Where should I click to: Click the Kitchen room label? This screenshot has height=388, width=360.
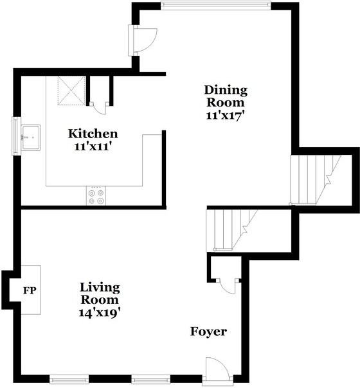pyautogui.click(x=93, y=134)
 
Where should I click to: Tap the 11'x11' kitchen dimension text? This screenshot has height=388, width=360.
pyautogui.click(x=93, y=146)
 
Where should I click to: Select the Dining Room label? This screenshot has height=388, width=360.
pyautogui.click(x=225, y=96)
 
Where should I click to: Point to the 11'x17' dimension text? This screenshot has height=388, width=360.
pyautogui.click(x=225, y=116)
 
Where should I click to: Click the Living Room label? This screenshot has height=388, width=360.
pyautogui.click(x=100, y=294)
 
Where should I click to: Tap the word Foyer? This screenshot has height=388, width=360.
pyautogui.click(x=208, y=331)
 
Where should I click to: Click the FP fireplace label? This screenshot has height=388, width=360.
pyautogui.click(x=30, y=290)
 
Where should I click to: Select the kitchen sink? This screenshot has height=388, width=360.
pyautogui.click(x=30, y=136)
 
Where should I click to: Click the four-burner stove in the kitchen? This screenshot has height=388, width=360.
pyautogui.click(x=96, y=196)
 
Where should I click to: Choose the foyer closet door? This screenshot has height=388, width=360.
pyautogui.click(x=226, y=283)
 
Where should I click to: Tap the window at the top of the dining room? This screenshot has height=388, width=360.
pyautogui.click(x=215, y=6)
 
